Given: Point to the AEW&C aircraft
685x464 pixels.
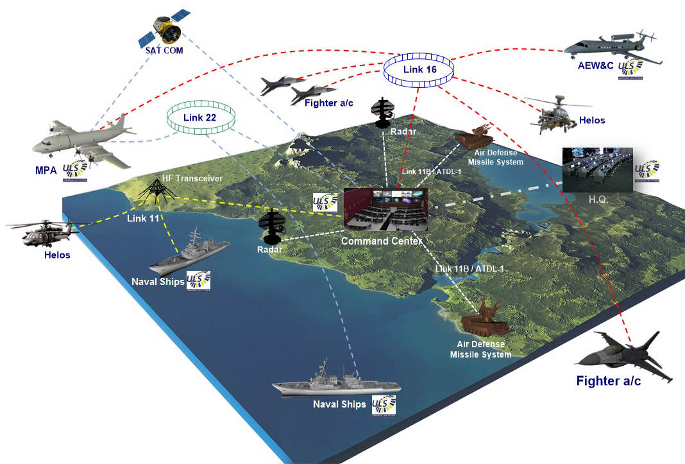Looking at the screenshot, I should coord(613,48).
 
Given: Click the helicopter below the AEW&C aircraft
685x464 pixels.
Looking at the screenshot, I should coord(555,114).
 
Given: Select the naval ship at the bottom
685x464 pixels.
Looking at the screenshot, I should coord(336,383).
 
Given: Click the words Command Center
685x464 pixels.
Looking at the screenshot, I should coord(382,241).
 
